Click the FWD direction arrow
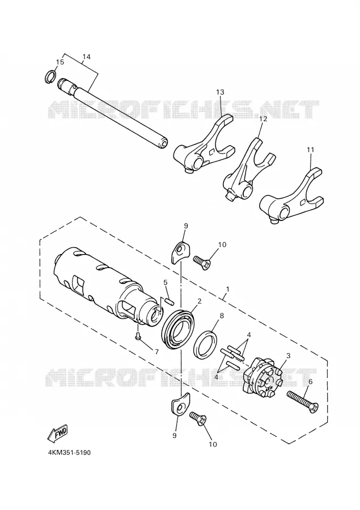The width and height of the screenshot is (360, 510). tap(58, 433)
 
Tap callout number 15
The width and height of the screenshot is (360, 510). tap(60, 62)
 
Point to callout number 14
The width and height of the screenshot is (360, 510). tap(86, 57)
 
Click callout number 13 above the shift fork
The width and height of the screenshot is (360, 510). tap(220, 92)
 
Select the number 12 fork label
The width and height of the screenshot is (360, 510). tap(263, 119)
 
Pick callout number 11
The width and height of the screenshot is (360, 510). tap(310, 150)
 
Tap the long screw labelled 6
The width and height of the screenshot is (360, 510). tap(302, 402)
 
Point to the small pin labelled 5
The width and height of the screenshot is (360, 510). tap(168, 300)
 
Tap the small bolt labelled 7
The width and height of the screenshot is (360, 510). tap(138, 337)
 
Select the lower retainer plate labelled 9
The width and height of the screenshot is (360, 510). tap(179, 404)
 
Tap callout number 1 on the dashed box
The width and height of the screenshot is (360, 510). tap(228, 288)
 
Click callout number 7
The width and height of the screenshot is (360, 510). tap(156, 352)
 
